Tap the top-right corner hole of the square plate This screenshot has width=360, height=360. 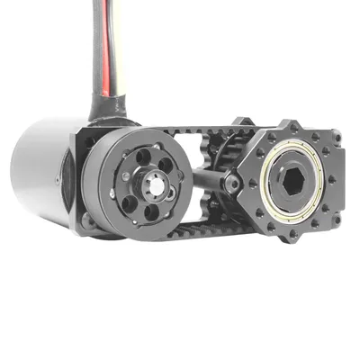[x=335, y=137]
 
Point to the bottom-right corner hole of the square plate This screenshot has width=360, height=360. [x=335, y=220]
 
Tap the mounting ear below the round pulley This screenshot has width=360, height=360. [x=88, y=219]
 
